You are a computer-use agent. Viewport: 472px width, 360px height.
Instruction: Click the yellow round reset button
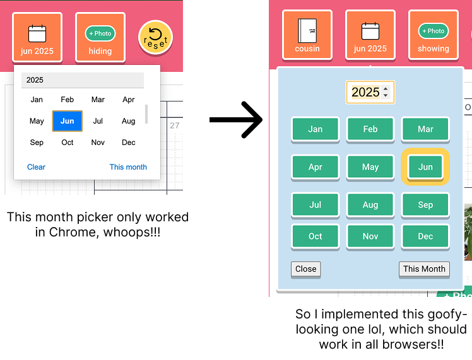pyautogui.click(x=155, y=38)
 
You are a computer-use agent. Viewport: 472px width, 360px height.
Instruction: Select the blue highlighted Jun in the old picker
pyautogui.click(x=67, y=121)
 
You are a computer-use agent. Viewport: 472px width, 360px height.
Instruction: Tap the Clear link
pyautogui.click(x=36, y=167)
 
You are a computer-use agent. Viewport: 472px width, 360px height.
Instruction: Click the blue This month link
pyautogui.click(x=128, y=167)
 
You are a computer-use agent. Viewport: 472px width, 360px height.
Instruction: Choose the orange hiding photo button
pyautogui.click(x=100, y=37)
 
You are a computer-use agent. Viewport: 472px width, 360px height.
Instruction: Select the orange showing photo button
pyautogui.click(x=434, y=35)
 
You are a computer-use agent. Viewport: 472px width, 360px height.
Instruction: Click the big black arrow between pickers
pyautogui.click(x=236, y=120)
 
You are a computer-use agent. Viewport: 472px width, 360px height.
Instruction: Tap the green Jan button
pyautogui.click(x=315, y=129)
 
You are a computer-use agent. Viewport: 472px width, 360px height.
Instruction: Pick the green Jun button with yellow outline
pyautogui.click(x=425, y=167)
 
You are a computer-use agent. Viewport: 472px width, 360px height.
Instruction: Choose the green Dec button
pyautogui.click(x=425, y=236)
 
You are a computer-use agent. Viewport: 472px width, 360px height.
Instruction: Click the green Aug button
pyautogui.click(x=370, y=205)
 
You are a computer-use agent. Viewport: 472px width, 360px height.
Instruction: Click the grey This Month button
pyautogui.click(x=424, y=269)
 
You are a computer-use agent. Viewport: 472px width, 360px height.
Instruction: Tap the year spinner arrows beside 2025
pyautogui.click(x=386, y=91)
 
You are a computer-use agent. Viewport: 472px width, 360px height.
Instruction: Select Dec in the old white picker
pyautogui.click(x=129, y=142)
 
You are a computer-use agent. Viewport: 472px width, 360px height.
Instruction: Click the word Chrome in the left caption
pyautogui.click(x=72, y=232)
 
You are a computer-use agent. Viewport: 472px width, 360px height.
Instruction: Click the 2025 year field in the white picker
pyautogui.click(x=83, y=80)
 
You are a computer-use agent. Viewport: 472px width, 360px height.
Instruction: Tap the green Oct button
pyautogui.click(x=315, y=236)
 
